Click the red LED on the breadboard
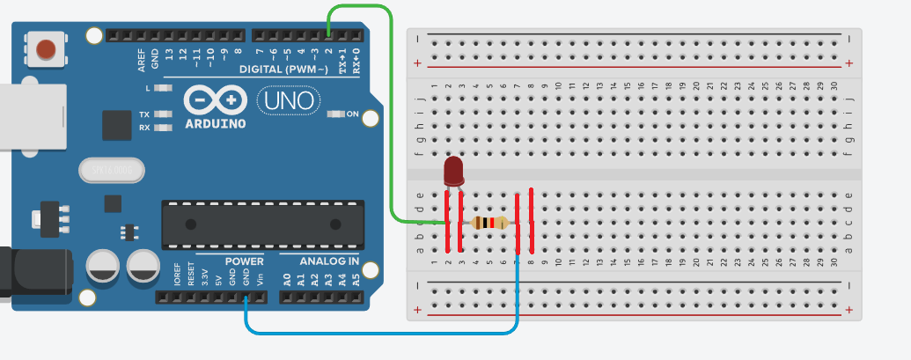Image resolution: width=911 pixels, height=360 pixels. tap(453, 171)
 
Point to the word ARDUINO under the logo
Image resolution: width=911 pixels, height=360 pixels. tap(215, 124)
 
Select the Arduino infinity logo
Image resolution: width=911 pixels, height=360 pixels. tap(216, 100)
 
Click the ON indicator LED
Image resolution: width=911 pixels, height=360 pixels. tap(335, 114)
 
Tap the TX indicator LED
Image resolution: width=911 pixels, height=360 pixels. tap(162, 115)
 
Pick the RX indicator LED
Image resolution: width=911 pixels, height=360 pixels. tap(162, 129)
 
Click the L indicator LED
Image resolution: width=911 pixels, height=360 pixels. tap(162, 89)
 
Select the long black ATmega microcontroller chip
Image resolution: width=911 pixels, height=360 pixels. tap(262, 224)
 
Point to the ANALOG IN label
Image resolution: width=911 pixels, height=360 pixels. tap(328, 261)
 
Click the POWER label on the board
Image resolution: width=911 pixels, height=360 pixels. tap(244, 261)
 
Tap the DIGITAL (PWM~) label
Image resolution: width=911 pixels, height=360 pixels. tap(283, 69)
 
